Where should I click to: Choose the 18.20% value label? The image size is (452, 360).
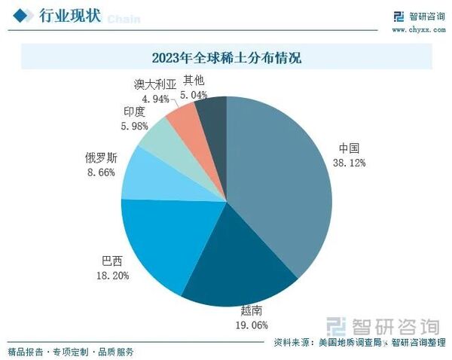(x=111, y=276)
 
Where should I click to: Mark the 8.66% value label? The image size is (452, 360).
(x=100, y=172)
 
